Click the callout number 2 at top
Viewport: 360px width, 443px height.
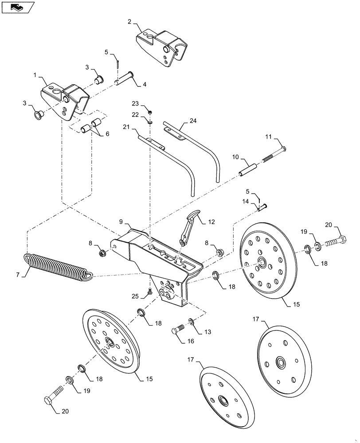coord(129,21)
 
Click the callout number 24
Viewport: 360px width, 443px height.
coord(193,120)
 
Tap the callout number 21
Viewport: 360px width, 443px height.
coord(125,127)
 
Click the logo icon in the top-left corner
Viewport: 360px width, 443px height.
coord(18,7)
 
